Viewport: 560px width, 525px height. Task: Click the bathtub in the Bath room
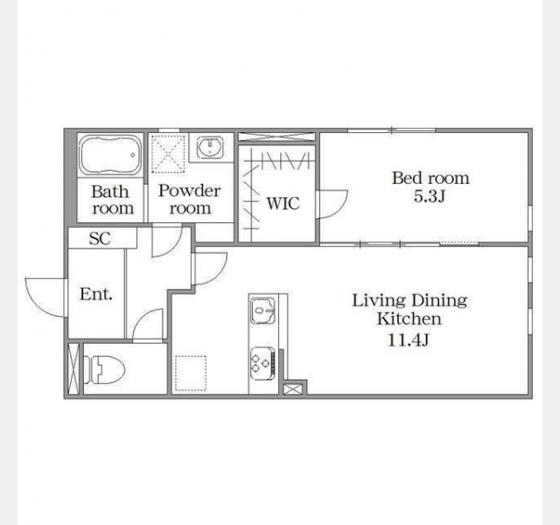coord(110,155)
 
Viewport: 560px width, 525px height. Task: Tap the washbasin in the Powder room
coord(211,147)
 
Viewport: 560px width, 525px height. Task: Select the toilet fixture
coord(103,369)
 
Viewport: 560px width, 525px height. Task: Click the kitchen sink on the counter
coord(262,311)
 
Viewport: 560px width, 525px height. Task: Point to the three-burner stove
coord(262,363)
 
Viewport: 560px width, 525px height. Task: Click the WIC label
coord(283,203)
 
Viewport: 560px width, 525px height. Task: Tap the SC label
coord(100,239)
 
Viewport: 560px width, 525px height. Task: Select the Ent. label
coord(96,294)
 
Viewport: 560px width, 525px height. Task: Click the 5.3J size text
coord(430,196)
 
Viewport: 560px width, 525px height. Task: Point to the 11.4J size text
coord(409,339)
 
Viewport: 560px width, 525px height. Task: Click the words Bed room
coord(430,178)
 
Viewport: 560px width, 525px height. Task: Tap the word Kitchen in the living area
coord(409,318)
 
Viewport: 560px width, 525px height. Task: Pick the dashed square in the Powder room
coord(168,154)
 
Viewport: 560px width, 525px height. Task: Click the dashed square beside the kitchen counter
coord(191,373)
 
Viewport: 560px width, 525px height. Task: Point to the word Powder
coord(190,191)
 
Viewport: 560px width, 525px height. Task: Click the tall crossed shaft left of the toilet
coord(73,368)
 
